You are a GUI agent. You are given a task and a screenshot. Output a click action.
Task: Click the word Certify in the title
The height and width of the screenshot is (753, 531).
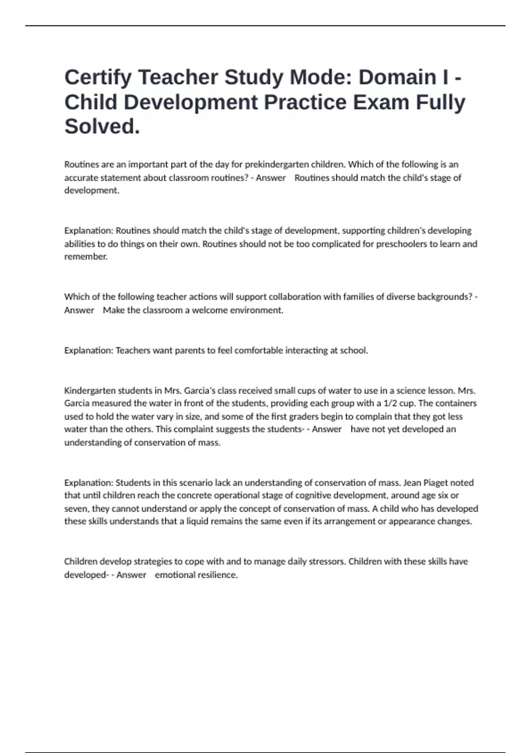[98, 78]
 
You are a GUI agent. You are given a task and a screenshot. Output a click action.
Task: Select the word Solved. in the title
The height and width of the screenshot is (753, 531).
[102, 127]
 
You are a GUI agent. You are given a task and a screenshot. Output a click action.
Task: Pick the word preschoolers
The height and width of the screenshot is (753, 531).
[401, 244]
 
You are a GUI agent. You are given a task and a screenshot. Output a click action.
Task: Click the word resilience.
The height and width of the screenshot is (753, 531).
[215, 575]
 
